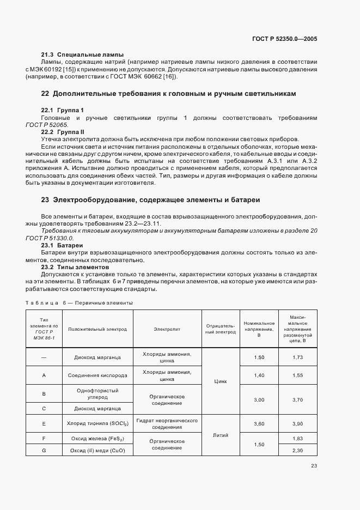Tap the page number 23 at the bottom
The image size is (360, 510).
pos(314,465)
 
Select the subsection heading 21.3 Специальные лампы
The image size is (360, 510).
pos(83,54)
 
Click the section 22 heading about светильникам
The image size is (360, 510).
pos(168,94)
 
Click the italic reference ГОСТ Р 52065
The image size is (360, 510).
pos(60,125)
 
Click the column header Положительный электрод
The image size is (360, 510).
pos(97,330)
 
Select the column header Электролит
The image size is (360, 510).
pos(167,330)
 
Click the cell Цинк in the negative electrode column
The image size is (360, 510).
pos(221,382)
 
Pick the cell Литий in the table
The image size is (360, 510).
pos(221,435)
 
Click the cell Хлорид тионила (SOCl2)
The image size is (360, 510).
pos(97,423)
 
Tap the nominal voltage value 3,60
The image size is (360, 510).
pos(259,423)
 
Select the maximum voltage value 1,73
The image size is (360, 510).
pos(297,357)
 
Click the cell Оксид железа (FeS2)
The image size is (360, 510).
pos(97,438)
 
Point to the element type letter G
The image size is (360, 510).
pos(44,450)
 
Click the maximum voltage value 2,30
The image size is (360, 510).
pos(297,450)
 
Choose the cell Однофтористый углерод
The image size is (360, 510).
pos(97,394)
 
